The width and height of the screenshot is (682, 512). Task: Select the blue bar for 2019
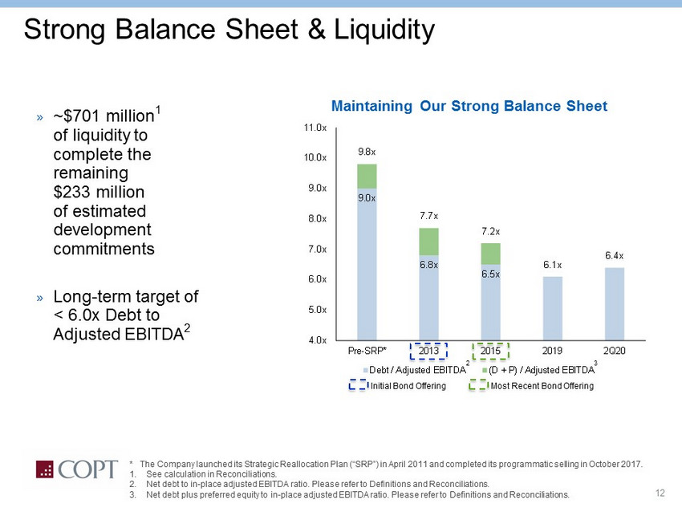(x=553, y=308)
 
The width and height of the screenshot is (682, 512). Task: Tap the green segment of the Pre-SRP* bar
(x=367, y=177)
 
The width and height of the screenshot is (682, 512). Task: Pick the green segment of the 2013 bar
(x=429, y=242)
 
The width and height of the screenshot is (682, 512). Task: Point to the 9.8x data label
(x=367, y=151)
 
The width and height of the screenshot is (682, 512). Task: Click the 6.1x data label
(x=553, y=265)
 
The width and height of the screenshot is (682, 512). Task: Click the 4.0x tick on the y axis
(x=315, y=339)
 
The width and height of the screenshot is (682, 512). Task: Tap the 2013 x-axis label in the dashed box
(x=429, y=351)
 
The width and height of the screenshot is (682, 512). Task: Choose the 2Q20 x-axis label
(x=615, y=351)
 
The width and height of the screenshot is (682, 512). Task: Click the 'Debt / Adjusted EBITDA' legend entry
(x=416, y=369)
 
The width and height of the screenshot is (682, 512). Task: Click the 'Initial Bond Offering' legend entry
(x=405, y=386)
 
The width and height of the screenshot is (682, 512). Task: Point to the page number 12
(x=661, y=492)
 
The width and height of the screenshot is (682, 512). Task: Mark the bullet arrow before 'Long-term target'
(x=39, y=298)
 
